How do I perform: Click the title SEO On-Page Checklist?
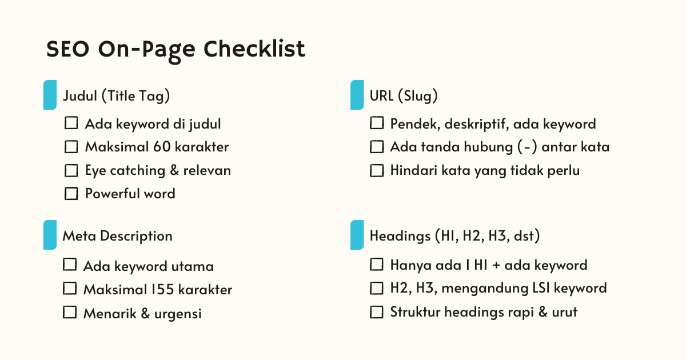point(176,49)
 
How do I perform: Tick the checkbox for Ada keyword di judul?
point(71,123)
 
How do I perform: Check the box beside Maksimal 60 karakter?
point(71,147)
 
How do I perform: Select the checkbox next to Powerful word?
point(71,194)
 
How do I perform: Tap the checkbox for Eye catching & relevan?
point(71,170)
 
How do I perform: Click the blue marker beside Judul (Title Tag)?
point(50,95)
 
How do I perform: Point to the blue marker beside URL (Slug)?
point(357,95)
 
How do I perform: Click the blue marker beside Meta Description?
point(50,235)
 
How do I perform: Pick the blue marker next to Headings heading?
point(357,235)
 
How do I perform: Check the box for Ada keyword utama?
point(70,265)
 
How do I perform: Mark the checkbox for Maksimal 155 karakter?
point(70,289)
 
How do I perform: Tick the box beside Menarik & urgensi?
point(70,313)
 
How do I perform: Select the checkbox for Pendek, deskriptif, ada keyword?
point(377,123)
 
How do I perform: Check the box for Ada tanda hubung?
point(377,147)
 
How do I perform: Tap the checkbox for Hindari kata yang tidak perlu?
point(377,170)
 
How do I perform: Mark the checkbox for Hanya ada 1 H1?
point(377,265)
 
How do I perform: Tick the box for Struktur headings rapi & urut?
point(377,313)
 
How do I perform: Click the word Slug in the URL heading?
point(420,96)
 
